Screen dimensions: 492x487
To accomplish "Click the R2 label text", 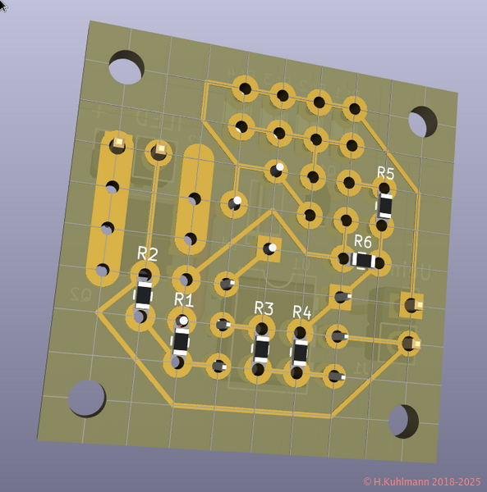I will (148, 253).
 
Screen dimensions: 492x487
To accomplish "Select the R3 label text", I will (263, 307).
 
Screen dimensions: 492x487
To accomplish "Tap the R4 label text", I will (301, 312).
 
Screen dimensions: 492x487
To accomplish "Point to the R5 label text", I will (385, 173).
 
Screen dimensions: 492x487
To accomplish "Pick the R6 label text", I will (362, 241).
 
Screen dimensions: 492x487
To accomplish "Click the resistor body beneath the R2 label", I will (144, 294).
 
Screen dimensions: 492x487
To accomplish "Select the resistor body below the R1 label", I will (181, 340).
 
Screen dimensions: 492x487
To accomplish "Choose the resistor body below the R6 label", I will (362, 260).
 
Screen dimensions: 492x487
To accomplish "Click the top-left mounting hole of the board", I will (126, 67).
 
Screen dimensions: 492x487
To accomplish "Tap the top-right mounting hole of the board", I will (423, 121).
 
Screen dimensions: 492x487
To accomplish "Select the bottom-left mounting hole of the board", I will (86, 398).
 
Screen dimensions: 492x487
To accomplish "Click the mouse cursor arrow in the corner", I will (3, 5).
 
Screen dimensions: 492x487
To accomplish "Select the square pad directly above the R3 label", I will (269, 247).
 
